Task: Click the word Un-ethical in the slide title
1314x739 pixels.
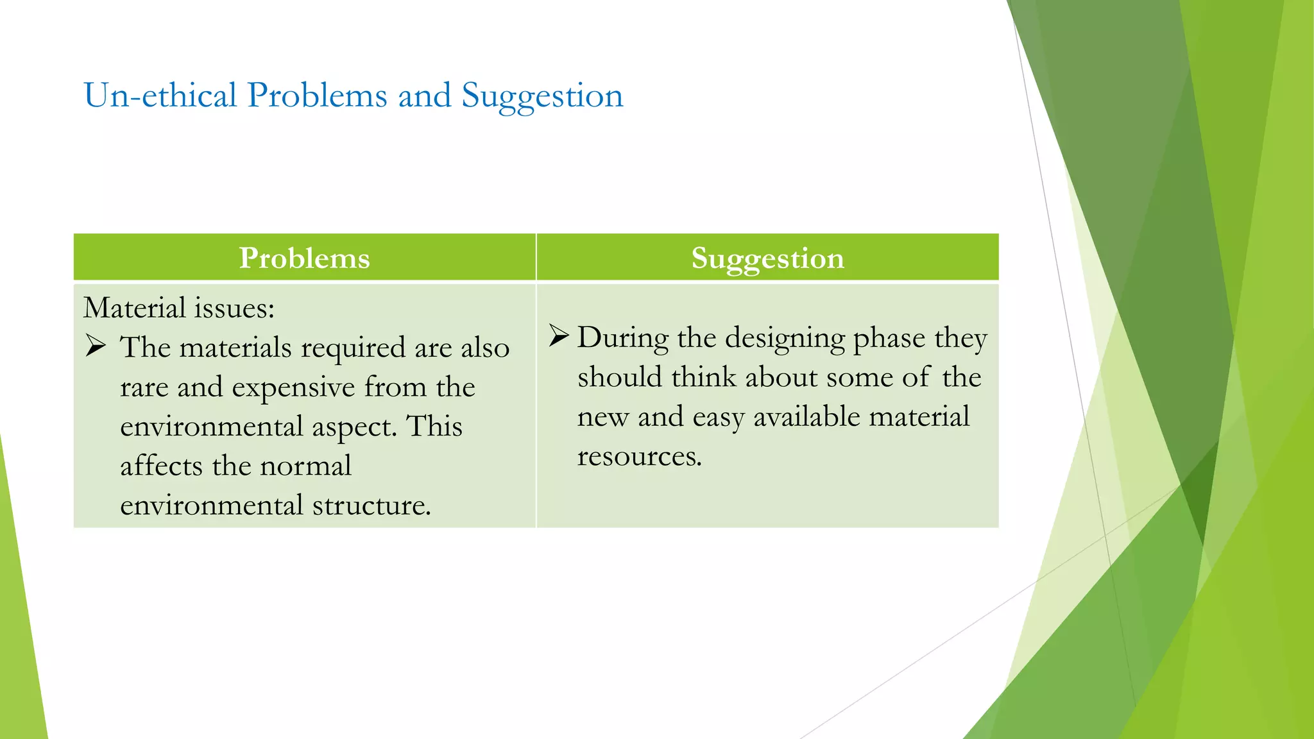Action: [160, 96]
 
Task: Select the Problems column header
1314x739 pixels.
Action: [305, 258]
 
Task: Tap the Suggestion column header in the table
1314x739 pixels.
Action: [767, 258]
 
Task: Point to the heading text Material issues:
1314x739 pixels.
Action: [179, 308]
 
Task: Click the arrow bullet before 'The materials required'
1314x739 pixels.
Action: [96, 346]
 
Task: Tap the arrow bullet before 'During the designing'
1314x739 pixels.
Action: [559, 336]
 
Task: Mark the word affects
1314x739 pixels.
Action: [161, 466]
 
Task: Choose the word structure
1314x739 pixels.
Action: [371, 505]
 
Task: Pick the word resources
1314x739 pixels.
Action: [639, 457]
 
